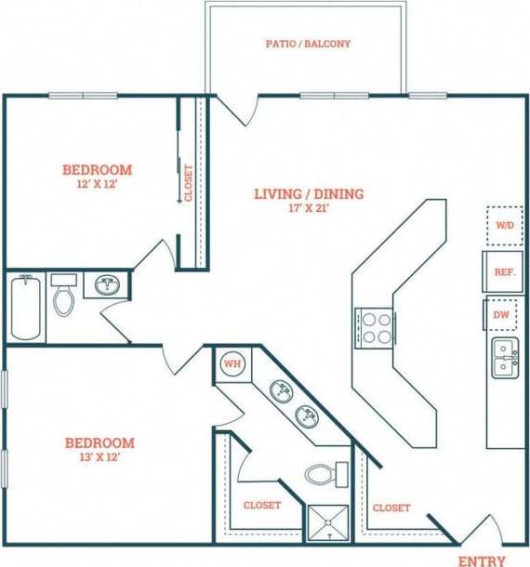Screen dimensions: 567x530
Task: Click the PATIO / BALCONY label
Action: click(308, 44)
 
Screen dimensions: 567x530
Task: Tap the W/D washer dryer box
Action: click(505, 225)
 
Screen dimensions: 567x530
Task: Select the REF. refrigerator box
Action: click(504, 272)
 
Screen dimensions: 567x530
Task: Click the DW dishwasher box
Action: click(501, 316)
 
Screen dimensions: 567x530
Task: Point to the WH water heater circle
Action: click(232, 363)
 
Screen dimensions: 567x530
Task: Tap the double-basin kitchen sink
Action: click(505, 358)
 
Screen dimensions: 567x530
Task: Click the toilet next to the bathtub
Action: click(63, 295)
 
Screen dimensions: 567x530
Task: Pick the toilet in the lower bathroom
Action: click(323, 474)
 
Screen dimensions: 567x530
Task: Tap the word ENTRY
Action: click(482, 560)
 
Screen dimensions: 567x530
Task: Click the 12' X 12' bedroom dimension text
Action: click(97, 184)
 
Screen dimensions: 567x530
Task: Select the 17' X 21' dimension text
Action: click(309, 208)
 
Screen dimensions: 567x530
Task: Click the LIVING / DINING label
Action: click(309, 193)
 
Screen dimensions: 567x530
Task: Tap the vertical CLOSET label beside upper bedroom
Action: click(189, 183)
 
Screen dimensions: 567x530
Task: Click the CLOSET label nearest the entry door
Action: click(391, 508)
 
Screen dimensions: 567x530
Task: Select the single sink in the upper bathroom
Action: click(108, 284)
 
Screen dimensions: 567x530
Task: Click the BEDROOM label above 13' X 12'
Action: click(98, 442)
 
